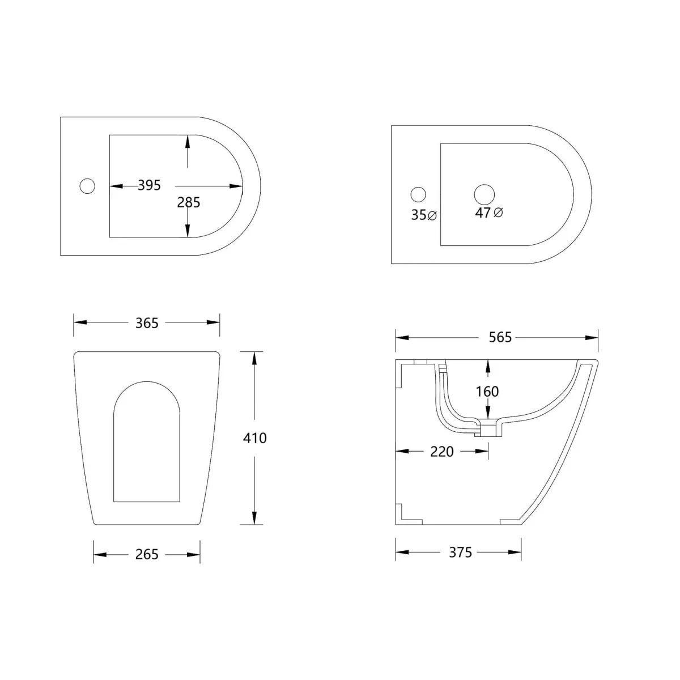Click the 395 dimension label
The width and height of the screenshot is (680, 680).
[150, 185]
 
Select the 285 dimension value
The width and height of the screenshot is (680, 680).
[188, 202]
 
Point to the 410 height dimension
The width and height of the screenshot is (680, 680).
[255, 437]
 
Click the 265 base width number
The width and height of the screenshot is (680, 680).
[147, 554]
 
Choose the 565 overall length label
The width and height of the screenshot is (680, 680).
[500, 337]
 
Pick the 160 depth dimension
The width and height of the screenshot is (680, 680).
[487, 392]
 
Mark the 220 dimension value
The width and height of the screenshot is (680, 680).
[442, 451]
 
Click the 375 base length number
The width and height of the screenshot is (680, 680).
[460, 552]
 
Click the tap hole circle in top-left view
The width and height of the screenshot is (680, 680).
[87, 186]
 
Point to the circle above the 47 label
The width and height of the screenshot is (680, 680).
[484, 194]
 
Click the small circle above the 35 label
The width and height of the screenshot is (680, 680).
[418, 194]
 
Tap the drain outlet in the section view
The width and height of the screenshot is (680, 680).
[487, 430]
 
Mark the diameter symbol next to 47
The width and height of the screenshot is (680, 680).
[499, 212]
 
